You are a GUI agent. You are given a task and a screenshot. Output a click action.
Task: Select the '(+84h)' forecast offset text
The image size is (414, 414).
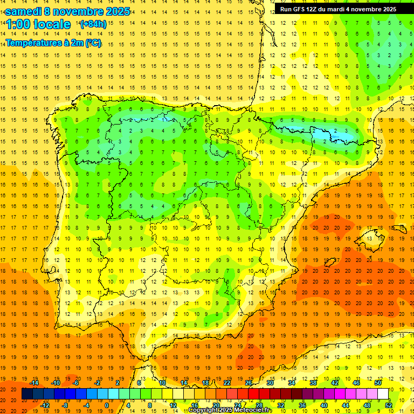click(x=93, y=24)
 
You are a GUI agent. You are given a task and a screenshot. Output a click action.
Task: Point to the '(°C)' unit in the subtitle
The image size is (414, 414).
click(x=93, y=43)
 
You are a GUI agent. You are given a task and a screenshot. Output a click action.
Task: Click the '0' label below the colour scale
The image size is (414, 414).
click(x=107, y=405)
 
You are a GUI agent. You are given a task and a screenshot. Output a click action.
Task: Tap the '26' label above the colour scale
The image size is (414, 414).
click(x=249, y=383)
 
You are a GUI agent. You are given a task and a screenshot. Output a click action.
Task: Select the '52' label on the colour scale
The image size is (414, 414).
click(x=389, y=405)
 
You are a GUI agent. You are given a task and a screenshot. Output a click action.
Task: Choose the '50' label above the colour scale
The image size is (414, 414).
click(x=378, y=383)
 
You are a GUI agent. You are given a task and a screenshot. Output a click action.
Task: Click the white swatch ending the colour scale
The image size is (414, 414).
click(x=383, y=394)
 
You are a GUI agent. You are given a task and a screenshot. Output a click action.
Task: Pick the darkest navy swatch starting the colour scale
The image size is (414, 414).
click(x=27, y=394)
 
